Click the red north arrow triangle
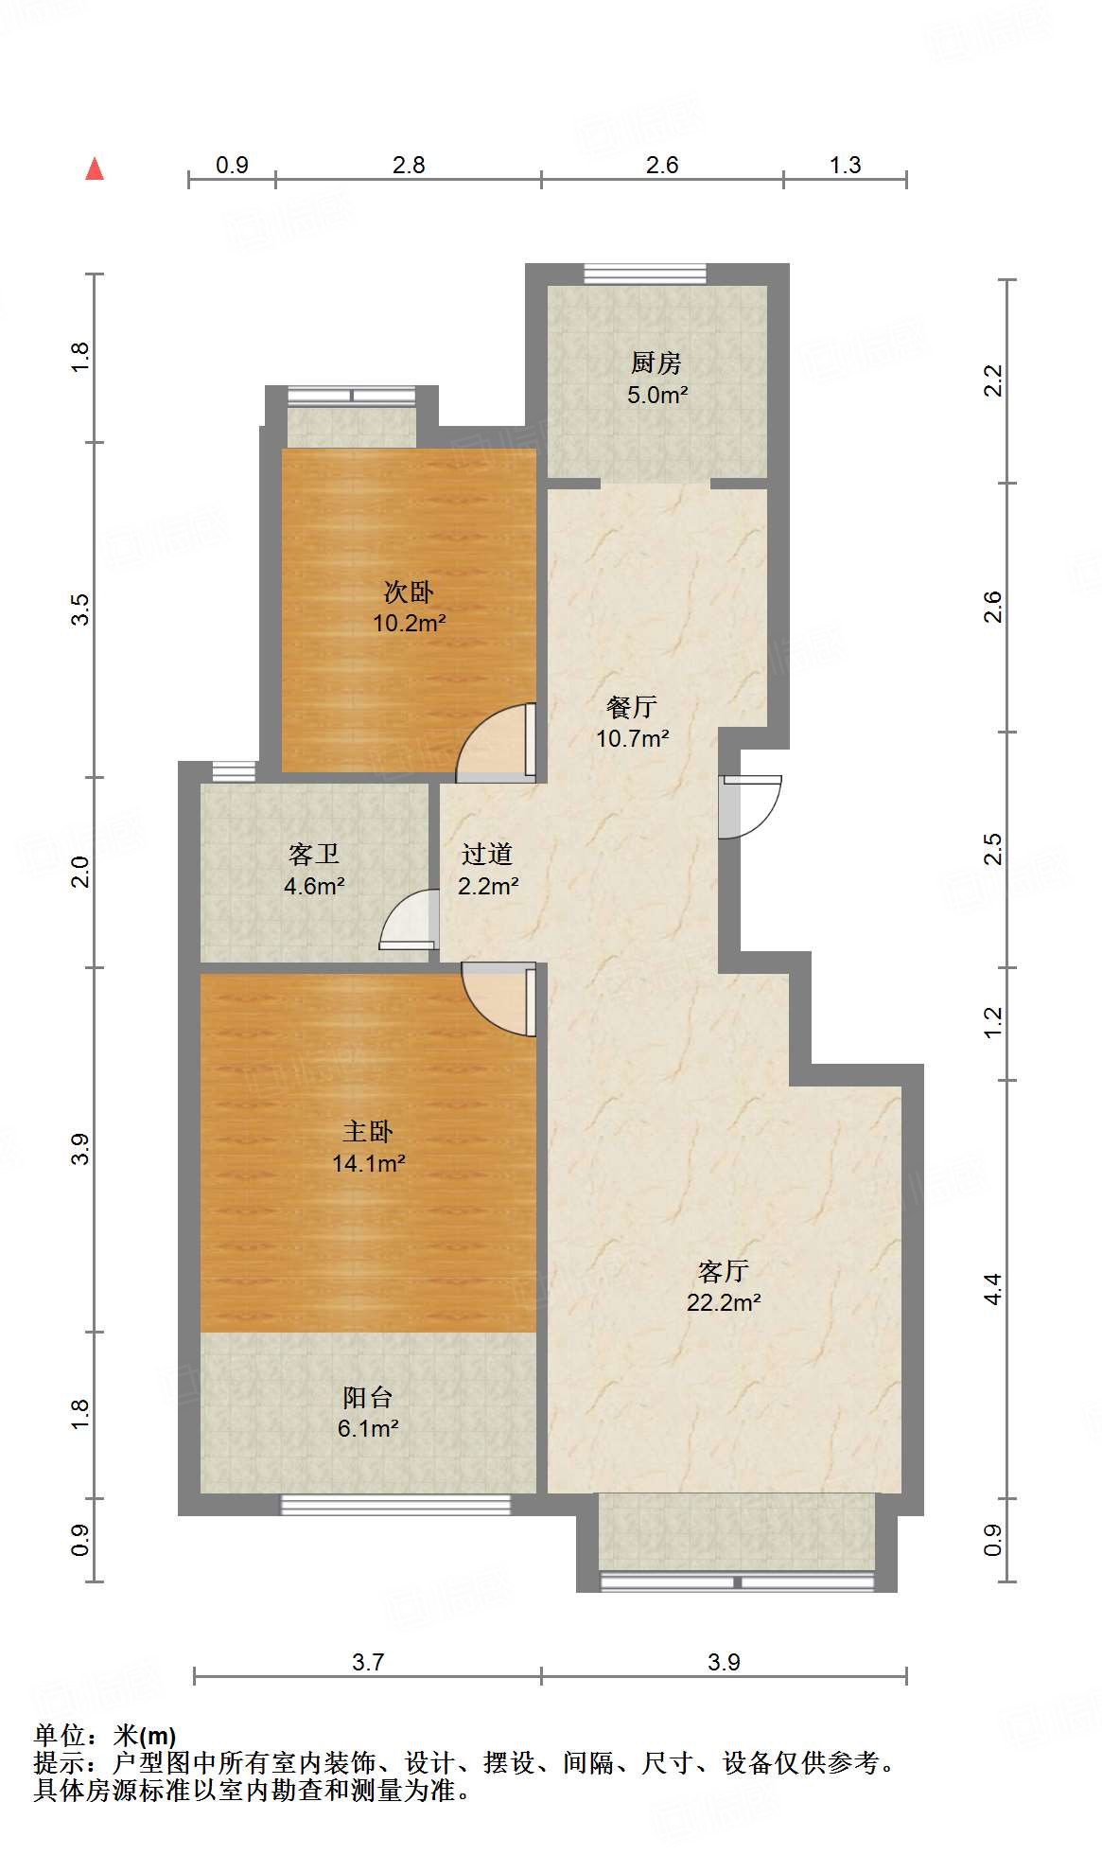pos(95,169)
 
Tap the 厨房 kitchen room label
pos(656,362)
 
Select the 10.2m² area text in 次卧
pos(409,624)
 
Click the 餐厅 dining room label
pos(632,707)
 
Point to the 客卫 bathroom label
pos(314,855)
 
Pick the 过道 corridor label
pos(487,855)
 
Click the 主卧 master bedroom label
pos(368,1132)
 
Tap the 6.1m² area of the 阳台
pos(368,1428)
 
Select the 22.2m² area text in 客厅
pos(724,1302)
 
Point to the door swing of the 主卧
pos(498,999)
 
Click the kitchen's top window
pos(645,274)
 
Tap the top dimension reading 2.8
pos(409,166)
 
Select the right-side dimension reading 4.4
pos(992,1289)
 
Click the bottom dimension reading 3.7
pos(367,1662)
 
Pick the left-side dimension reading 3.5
pos(80,609)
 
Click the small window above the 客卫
pos(234,771)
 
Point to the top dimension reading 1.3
pos(845,166)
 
